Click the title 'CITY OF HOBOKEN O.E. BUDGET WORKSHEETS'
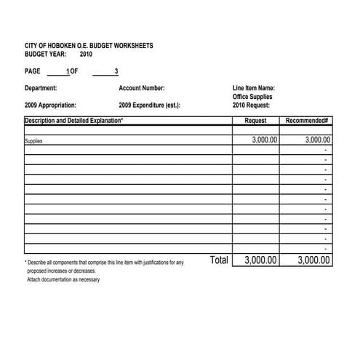click(x=89, y=46)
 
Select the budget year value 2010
click(x=87, y=54)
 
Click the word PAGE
click(x=33, y=71)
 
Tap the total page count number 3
click(x=116, y=71)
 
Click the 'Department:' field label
click(x=42, y=88)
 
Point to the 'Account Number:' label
click(x=141, y=88)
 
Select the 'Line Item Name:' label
click(x=254, y=88)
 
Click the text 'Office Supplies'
click(x=252, y=96)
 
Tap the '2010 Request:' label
click(x=252, y=104)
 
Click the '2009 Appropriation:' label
click(x=50, y=105)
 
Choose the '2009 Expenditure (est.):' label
click(x=149, y=105)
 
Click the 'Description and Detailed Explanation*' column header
click(x=74, y=121)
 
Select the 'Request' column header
click(x=255, y=121)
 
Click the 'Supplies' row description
click(x=33, y=141)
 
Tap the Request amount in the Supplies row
click(x=264, y=140)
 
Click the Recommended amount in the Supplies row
click(x=317, y=140)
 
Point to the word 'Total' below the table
click(x=218, y=260)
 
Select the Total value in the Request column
click(x=260, y=260)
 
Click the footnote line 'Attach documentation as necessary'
click(x=63, y=280)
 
